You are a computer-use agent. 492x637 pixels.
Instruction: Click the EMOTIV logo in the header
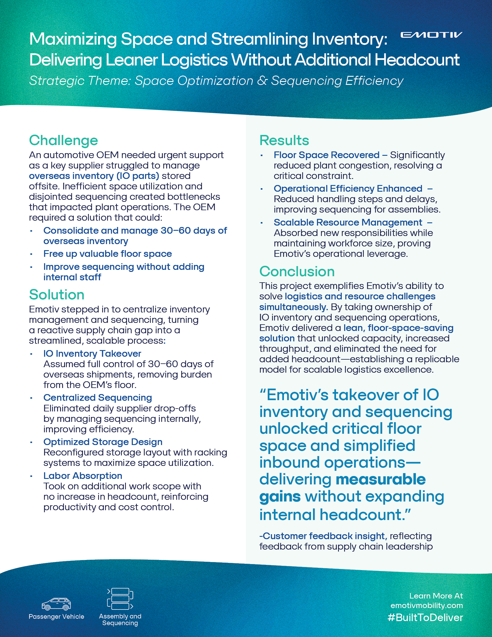[431, 35]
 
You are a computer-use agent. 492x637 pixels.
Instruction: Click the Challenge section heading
[63, 140]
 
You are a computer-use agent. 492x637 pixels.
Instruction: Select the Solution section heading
[56, 294]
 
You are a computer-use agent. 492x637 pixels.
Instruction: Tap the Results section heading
[284, 140]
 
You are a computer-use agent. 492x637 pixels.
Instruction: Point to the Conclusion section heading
[297, 272]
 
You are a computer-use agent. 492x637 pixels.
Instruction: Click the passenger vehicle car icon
[56, 603]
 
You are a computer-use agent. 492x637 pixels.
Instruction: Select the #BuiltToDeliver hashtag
[425, 618]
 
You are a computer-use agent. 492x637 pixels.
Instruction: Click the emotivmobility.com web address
[426, 605]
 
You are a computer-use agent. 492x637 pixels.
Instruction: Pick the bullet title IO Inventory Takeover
[92, 354]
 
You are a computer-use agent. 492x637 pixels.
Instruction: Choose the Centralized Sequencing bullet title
[98, 398]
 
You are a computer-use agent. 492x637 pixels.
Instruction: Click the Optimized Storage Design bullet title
[103, 442]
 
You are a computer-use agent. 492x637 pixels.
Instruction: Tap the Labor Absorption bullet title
[83, 476]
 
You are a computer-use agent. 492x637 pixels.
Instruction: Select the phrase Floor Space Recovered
[326, 155]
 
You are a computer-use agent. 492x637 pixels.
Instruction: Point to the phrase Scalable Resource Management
[348, 223]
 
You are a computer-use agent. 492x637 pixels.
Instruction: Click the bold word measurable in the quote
[381, 480]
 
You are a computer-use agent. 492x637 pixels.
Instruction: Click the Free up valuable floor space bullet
[108, 254]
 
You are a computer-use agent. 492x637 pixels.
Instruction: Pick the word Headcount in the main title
[417, 60]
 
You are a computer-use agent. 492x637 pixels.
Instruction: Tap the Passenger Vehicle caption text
[56, 616]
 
